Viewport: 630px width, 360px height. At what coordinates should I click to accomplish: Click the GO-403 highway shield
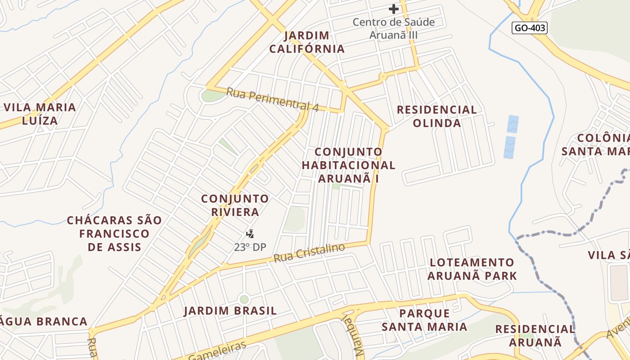530,28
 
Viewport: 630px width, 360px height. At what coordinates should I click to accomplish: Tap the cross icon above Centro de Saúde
394,9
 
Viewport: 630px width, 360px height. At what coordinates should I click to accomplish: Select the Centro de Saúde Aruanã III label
394,28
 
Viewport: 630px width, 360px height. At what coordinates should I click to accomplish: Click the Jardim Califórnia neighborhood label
307,42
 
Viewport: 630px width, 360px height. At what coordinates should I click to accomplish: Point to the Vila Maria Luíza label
40,114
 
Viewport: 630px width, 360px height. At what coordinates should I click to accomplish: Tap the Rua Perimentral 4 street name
272,99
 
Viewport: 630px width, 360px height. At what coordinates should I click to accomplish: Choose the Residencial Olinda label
436,116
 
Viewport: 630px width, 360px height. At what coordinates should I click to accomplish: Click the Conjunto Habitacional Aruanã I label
348,165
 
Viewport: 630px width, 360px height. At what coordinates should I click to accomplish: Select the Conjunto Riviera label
234,205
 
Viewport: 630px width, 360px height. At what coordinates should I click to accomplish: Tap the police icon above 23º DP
250,234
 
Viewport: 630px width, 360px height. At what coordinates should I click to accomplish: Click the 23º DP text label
250,247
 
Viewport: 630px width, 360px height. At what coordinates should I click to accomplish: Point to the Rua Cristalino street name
309,253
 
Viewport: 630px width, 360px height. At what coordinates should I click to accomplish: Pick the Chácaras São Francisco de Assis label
114,234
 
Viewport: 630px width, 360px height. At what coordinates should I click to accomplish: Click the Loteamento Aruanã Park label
472,269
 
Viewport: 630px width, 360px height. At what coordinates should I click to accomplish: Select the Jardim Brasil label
230,310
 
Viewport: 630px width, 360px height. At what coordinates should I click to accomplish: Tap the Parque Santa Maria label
424,319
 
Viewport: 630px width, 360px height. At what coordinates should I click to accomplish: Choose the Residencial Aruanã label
535,335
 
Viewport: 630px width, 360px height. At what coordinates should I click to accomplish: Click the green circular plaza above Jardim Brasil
244,299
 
